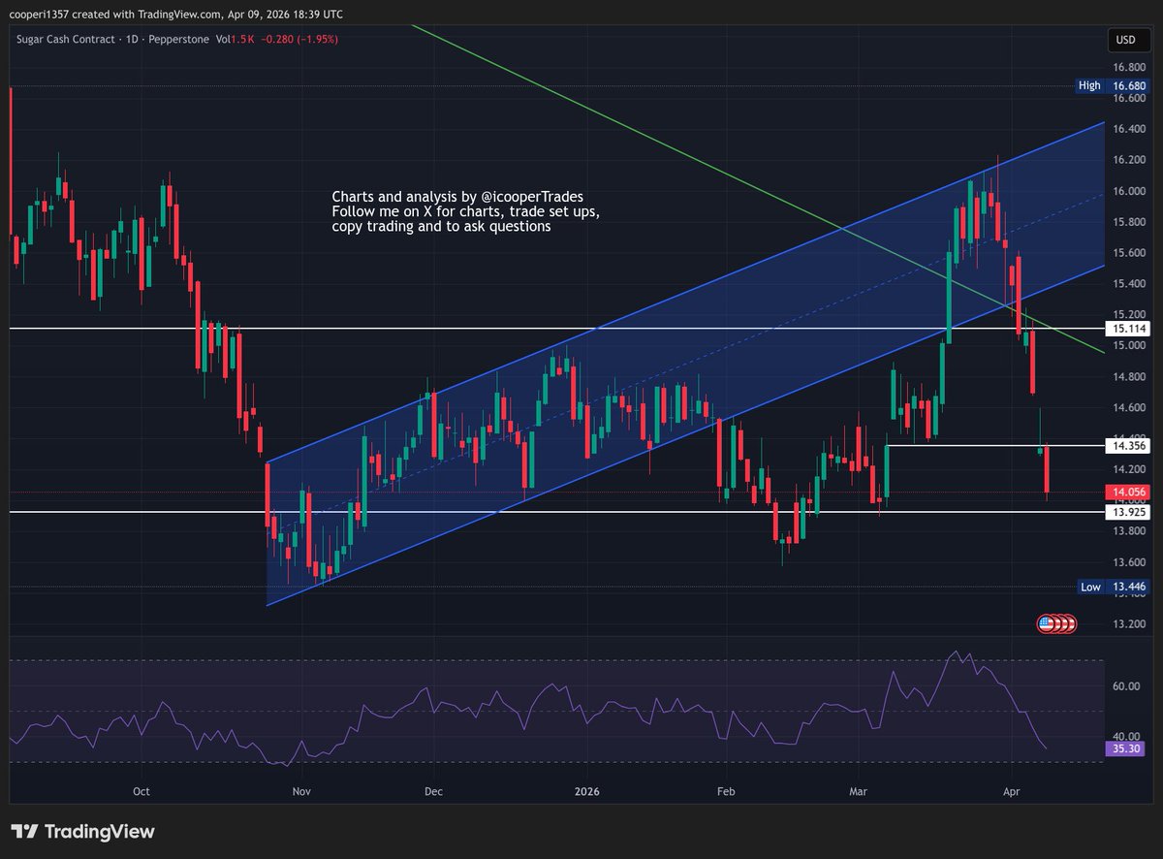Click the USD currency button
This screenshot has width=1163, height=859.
point(1124,40)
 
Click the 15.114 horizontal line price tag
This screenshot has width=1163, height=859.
point(1125,329)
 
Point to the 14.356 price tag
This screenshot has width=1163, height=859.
point(1125,445)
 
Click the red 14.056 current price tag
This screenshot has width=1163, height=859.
point(1125,493)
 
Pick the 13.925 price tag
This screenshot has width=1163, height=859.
point(1125,511)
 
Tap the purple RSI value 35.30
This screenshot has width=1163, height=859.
point(1124,748)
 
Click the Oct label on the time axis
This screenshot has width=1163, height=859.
point(141,791)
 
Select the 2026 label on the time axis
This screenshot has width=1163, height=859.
point(586,791)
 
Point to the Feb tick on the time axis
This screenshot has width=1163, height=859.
point(726,791)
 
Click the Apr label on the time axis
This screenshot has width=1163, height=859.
point(1012,791)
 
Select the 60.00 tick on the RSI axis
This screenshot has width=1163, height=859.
point(1127,686)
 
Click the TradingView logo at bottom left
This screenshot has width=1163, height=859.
point(83,832)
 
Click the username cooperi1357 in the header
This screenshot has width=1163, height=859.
point(42,15)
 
